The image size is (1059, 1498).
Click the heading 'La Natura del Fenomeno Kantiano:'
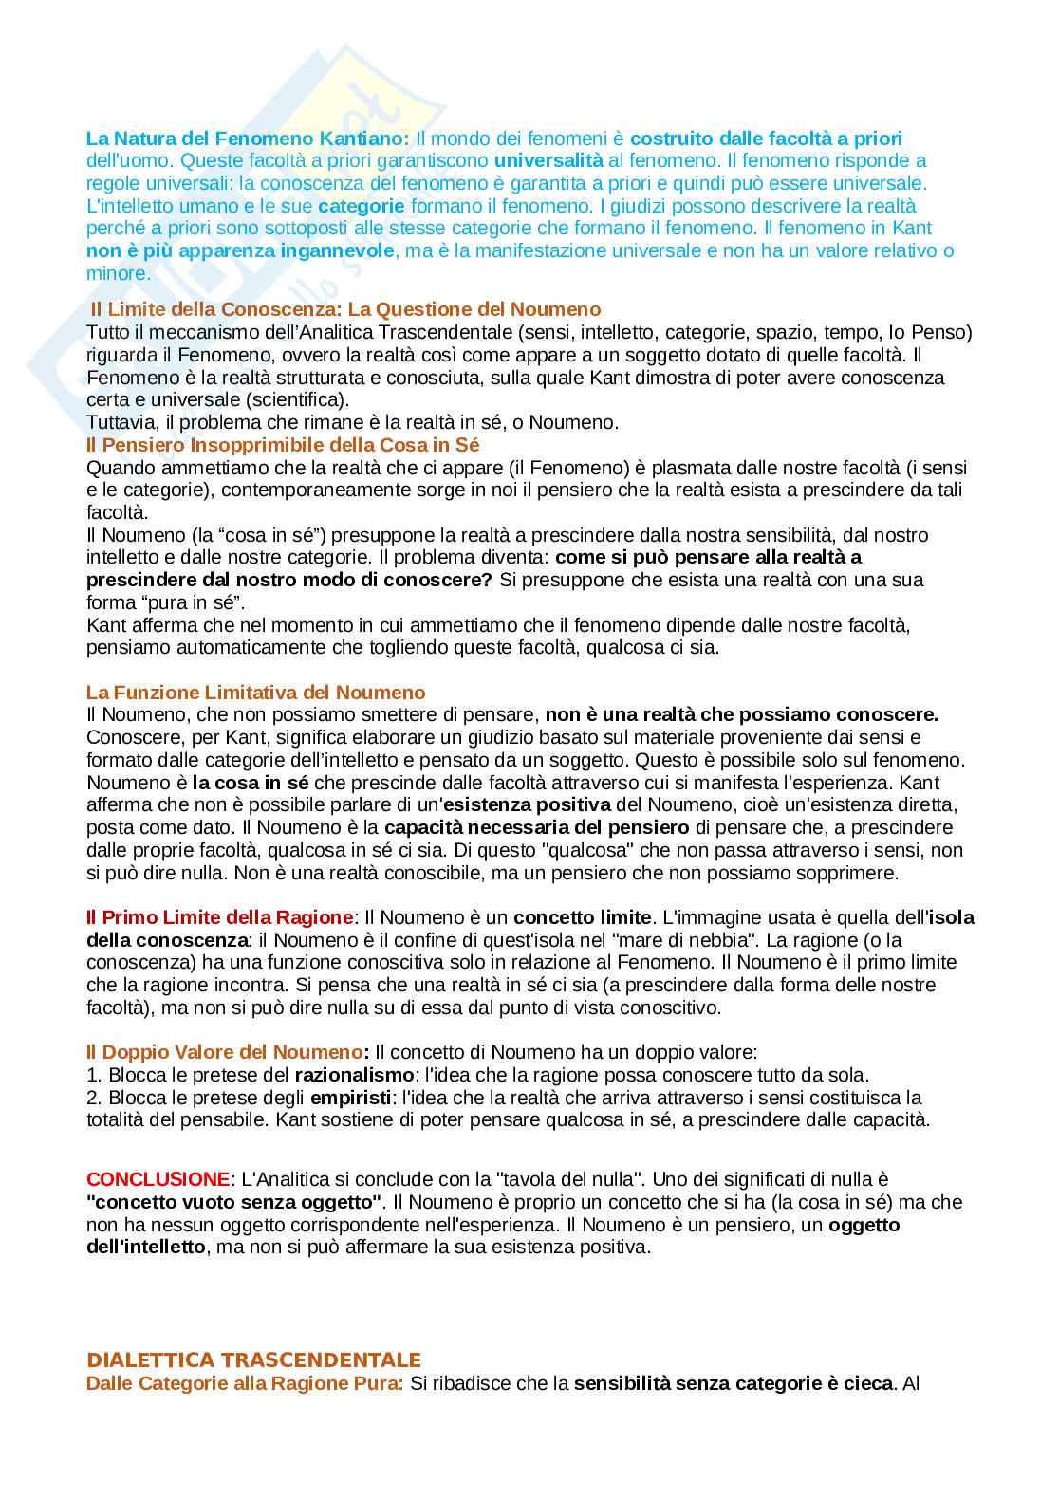coord(248,139)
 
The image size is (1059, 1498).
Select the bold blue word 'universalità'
coord(548,160)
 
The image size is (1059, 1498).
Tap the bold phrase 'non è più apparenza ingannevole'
coord(239,250)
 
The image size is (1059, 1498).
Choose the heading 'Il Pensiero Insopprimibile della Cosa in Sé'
coord(283,444)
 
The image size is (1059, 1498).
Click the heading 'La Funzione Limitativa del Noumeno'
coord(256,693)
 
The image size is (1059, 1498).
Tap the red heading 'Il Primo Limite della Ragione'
coord(219,917)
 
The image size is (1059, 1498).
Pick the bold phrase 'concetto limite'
coord(583,917)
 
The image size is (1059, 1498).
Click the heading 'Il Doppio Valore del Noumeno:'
coord(225,1052)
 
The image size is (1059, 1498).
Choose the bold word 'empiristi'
coord(351,1098)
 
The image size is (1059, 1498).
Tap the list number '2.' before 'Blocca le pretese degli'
coord(94,1098)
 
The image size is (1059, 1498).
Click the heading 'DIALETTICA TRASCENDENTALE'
coord(253,1359)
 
